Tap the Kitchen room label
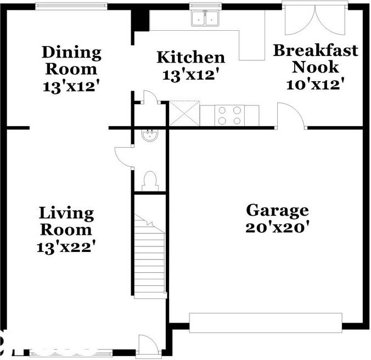click(x=191, y=58)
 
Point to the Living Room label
click(x=66, y=221)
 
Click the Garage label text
click(x=277, y=210)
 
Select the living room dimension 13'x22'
click(x=66, y=248)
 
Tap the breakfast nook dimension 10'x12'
click(x=316, y=85)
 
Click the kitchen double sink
click(x=205, y=19)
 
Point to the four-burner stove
click(x=229, y=115)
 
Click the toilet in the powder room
click(x=149, y=181)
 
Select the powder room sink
click(x=149, y=136)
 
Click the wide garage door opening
click(x=266, y=323)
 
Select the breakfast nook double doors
click(x=315, y=20)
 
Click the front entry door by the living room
click(x=148, y=345)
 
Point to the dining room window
click(x=70, y=6)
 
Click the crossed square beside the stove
click(x=184, y=114)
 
